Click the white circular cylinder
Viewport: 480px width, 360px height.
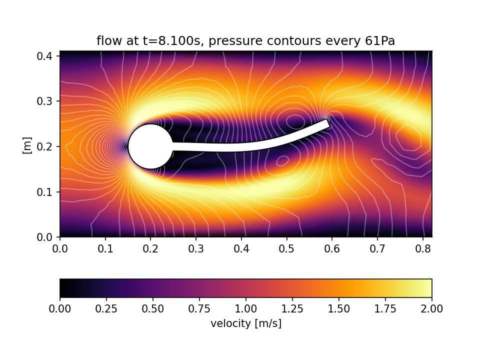[150, 146]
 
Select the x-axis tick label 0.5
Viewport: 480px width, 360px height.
[286, 248]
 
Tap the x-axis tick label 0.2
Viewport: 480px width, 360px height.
[150, 248]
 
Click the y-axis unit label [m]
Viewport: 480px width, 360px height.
[27, 145]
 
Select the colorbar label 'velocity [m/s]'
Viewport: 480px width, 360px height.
[246, 323]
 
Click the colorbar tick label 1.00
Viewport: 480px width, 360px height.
[246, 309]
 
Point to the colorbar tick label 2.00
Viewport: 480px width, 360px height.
[431, 309]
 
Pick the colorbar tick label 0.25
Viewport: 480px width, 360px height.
[106, 309]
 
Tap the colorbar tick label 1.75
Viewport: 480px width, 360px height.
[385, 309]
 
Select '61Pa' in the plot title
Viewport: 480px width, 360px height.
[380, 41]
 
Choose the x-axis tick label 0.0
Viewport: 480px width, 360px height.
[60, 248]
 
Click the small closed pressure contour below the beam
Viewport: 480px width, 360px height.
[282, 160]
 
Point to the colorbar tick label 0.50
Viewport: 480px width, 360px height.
[153, 309]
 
